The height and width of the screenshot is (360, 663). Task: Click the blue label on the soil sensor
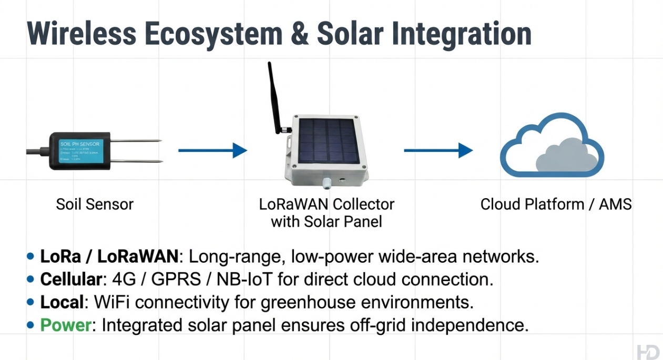[80, 151]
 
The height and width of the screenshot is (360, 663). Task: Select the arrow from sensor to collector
[212, 151]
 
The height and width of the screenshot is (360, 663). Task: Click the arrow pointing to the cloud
[438, 151]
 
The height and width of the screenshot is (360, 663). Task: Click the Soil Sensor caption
[95, 204]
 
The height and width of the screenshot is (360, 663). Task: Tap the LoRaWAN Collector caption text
[327, 204]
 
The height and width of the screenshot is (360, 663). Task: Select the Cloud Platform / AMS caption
[556, 204]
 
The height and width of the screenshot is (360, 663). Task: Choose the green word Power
[66, 325]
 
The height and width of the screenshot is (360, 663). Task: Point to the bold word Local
[62, 302]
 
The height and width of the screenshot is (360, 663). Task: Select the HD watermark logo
[648, 352]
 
